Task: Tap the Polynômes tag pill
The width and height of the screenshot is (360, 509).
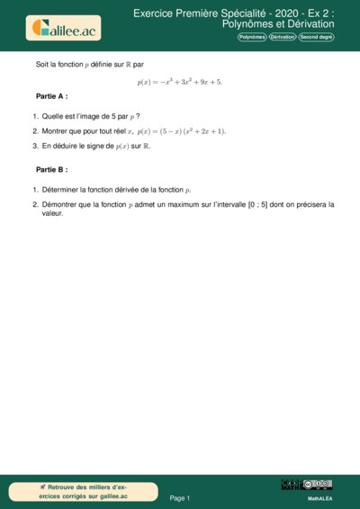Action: (252, 37)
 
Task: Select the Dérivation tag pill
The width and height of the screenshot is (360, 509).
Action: (283, 37)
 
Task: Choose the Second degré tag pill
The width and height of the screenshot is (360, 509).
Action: (317, 37)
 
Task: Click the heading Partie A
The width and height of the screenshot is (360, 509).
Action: (51, 95)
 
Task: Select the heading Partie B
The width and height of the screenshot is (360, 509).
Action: (51, 169)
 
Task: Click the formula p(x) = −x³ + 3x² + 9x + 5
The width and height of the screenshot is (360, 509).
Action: (179, 81)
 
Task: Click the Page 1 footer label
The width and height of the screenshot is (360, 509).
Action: (180, 497)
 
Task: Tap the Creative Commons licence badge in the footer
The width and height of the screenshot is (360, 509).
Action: (317, 485)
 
